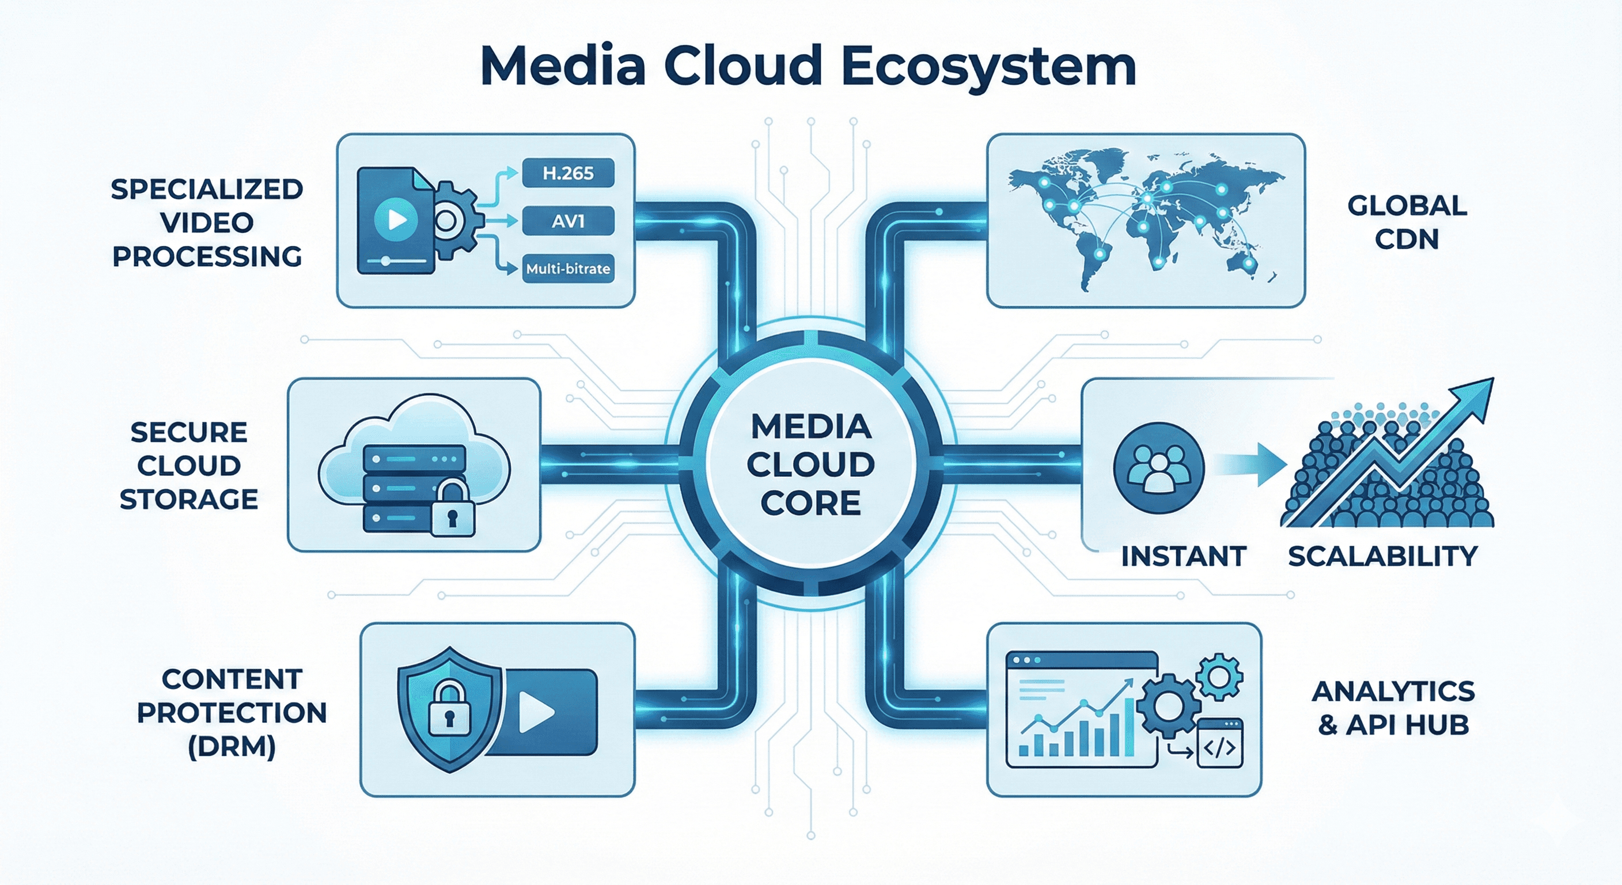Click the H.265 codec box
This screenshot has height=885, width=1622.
point(568,173)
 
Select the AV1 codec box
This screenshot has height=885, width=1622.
point(568,221)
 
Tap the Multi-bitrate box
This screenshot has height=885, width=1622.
point(568,269)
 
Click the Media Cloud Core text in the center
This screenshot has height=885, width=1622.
point(810,465)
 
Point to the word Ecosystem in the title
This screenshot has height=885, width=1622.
point(988,67)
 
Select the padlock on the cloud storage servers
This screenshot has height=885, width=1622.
point(452,510)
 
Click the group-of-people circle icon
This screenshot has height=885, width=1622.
point(1158,468)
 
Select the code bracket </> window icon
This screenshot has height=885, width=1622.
point(1219,746)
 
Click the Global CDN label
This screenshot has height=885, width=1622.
point(1407,222)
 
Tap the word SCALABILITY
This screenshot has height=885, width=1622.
point(1382,556)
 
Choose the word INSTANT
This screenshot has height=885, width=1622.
point(1184,556)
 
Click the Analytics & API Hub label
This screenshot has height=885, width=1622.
point(1393,708)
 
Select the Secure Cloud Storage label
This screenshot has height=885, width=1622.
point(189,466)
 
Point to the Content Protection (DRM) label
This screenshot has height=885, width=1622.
point(232,712)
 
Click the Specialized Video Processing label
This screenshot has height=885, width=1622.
point(207,222)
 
